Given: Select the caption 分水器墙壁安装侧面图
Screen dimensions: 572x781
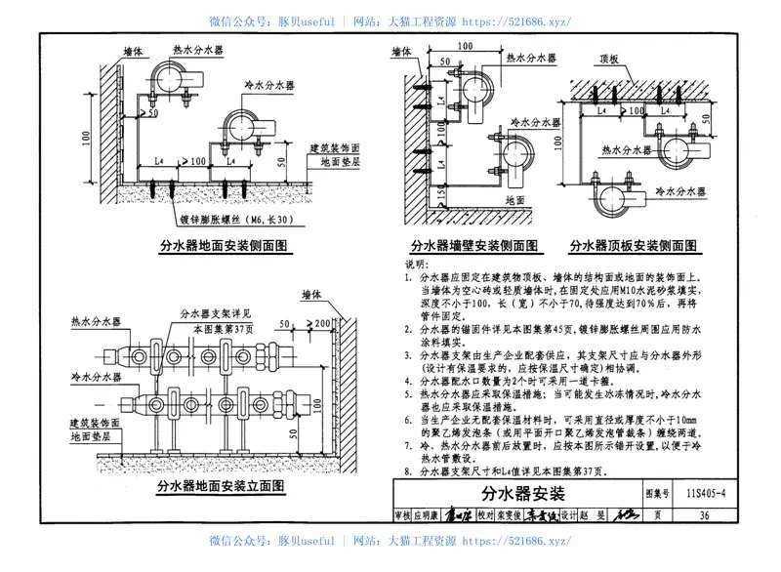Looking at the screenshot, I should pos(471,245).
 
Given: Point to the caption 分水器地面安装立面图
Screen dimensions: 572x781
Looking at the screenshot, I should pos(221,484).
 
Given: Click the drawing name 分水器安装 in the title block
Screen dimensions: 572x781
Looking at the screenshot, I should pos(531,493).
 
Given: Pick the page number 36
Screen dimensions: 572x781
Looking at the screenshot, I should pos(702,515).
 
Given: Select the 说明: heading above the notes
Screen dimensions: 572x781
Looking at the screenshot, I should pos(415,265).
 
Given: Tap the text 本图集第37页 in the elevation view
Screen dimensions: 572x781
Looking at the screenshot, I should pos(221,329).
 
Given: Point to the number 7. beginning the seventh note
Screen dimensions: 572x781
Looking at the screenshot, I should pos(409,444).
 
